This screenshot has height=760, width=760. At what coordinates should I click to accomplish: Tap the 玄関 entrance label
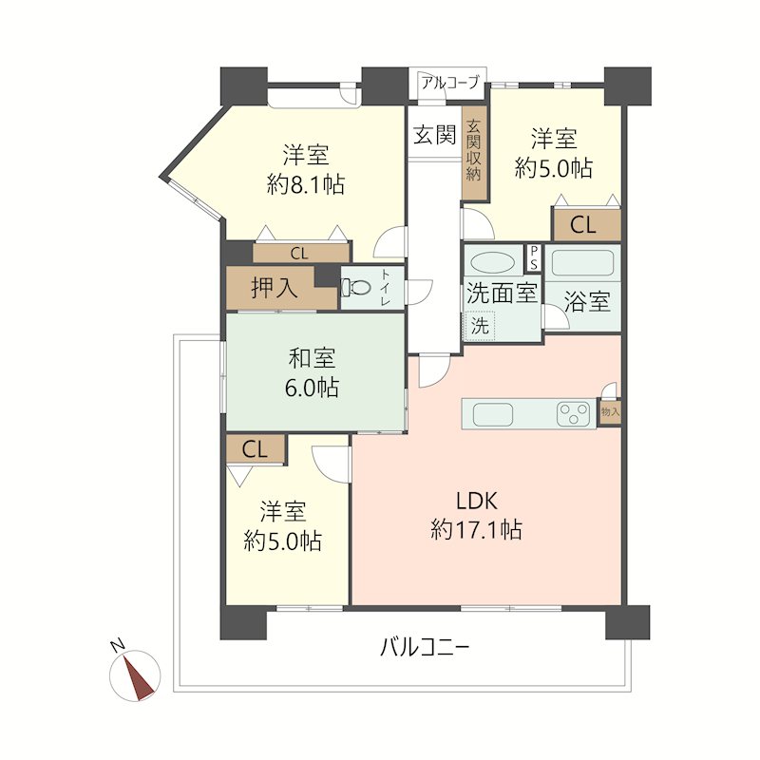(435, 134)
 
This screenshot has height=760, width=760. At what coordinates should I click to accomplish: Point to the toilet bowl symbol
(355, 288)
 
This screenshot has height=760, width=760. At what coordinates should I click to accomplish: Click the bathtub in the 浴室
(583, 264)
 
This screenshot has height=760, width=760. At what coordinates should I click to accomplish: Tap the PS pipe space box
(534, 257)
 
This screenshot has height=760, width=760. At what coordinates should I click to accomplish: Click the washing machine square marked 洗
(480, 326)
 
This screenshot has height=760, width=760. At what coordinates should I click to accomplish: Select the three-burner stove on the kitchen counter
(574, 414)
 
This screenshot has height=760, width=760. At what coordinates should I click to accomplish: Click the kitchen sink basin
(493, 414)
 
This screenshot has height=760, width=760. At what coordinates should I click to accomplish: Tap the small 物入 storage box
(610, 412)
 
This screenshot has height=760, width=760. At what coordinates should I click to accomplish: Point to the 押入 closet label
(275, 288)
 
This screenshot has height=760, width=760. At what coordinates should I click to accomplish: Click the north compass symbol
(135, 674)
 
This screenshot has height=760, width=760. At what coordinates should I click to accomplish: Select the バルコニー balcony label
(424, 647)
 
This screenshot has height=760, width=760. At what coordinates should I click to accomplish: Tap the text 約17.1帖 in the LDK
(476, 529)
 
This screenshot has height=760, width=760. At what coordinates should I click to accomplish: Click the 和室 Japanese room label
(312, 358)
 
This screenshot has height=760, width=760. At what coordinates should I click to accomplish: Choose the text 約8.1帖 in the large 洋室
(305, 184)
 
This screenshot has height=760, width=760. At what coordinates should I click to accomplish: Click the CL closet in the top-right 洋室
(587, 225)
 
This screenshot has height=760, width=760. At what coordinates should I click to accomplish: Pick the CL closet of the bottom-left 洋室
(255, 448)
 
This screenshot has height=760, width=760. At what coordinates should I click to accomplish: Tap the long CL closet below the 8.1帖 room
(301, 254)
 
